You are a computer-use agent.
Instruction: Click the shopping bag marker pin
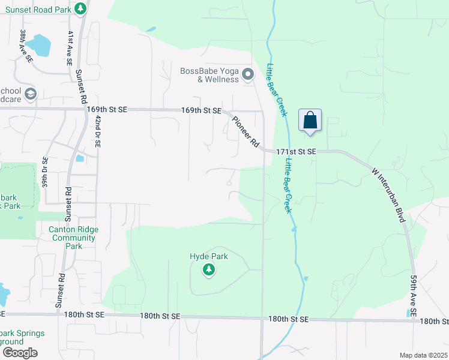(310, 120)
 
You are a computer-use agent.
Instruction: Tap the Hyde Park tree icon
(208, 270)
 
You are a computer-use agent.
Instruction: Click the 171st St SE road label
(296, 152)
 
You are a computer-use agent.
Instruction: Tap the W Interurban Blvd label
(390, 195)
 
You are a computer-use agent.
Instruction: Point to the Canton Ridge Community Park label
(74, 238)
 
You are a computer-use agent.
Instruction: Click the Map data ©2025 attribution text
(424, 355)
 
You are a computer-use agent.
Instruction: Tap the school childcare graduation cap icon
(31, 94)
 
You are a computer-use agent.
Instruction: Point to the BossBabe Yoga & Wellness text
(209, 75)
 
